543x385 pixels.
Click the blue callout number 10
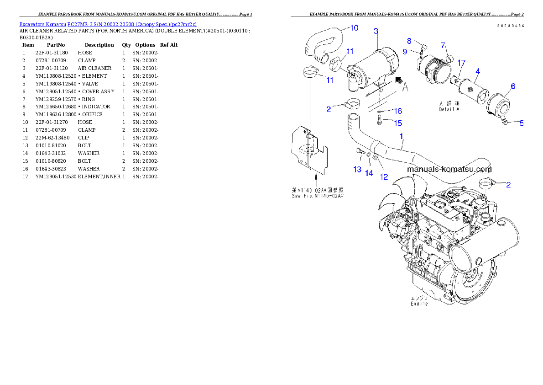(354, 28)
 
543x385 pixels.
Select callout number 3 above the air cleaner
(376, 31)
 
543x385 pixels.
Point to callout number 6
(513, 86)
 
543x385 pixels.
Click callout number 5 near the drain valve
(522, 123)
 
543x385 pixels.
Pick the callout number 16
(398, 111)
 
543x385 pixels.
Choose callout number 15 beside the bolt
(398, 123)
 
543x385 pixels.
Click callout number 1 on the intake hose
(401, 136)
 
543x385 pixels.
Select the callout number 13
(357, 170)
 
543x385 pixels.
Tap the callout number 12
(384, 176)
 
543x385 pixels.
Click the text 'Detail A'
(449, 109)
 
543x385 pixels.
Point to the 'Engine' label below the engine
(419, 304)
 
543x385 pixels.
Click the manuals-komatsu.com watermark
(449, 169)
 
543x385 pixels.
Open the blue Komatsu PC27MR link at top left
(108, 24)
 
